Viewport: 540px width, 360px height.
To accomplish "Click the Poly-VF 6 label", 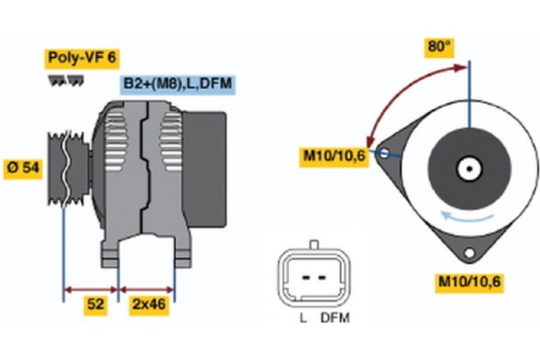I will tap(80, 58).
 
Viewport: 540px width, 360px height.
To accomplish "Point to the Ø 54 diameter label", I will tap(22, 168).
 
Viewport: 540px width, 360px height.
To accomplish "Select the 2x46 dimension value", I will tap(147, 305).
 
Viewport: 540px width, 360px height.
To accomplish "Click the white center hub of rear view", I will tap(470, 167).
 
